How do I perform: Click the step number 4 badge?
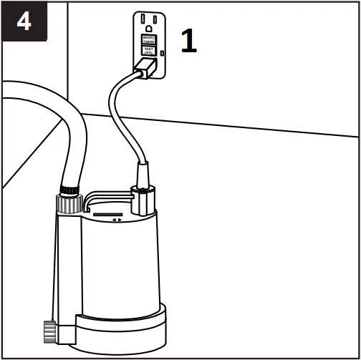pos(24,22)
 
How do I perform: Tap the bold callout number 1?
pos(188,42)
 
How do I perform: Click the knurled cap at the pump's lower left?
pos(49,331)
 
